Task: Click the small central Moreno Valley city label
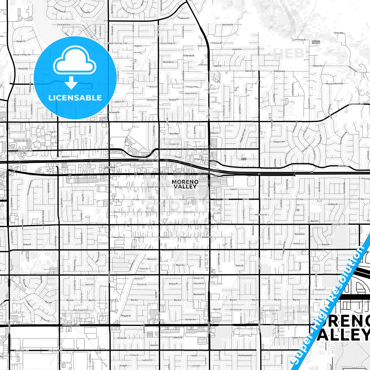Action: click(185, 184)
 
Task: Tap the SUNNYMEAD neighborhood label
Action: click(110, 167)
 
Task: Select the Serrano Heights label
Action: click(316, 42)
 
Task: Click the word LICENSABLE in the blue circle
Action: click(75, 98)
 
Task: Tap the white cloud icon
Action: click(75, 61)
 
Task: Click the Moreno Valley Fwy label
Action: click(149, 160)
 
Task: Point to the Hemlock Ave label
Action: click(25, 151)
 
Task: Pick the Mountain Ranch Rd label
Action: click(334, 84)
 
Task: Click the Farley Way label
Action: click(339, 33)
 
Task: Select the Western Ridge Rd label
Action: click(22, 55)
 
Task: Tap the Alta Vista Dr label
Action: click(228, 25)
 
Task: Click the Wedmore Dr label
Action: click(261, 215)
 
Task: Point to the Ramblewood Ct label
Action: click(245, 355)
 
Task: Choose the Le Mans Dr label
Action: click(333, 204)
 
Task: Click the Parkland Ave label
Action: click(64, 25)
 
